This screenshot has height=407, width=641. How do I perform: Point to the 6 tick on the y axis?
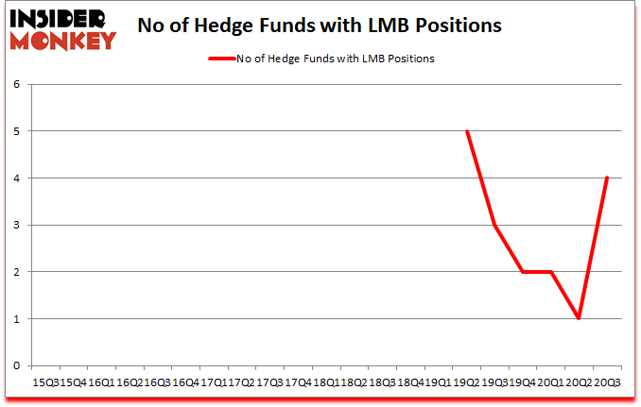(16, 85)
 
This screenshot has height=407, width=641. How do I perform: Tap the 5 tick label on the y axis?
(16, 131)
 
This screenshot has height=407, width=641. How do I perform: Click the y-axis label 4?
(16, 178)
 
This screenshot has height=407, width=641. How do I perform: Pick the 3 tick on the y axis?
(16, 225)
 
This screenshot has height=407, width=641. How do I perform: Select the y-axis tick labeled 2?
(16, 272)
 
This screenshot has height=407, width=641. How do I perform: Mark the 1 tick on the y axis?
(16, 318)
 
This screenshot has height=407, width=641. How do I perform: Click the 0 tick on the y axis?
(16, 365)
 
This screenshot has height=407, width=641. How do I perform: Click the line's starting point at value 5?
(467, 131)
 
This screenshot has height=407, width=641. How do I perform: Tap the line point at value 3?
(494, 225)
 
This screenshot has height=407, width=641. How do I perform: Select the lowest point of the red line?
(579, 318)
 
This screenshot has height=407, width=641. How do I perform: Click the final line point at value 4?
(606, 178)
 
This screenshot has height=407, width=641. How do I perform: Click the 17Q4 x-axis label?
(299, 382)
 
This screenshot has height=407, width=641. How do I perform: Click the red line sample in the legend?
(228, 59)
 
